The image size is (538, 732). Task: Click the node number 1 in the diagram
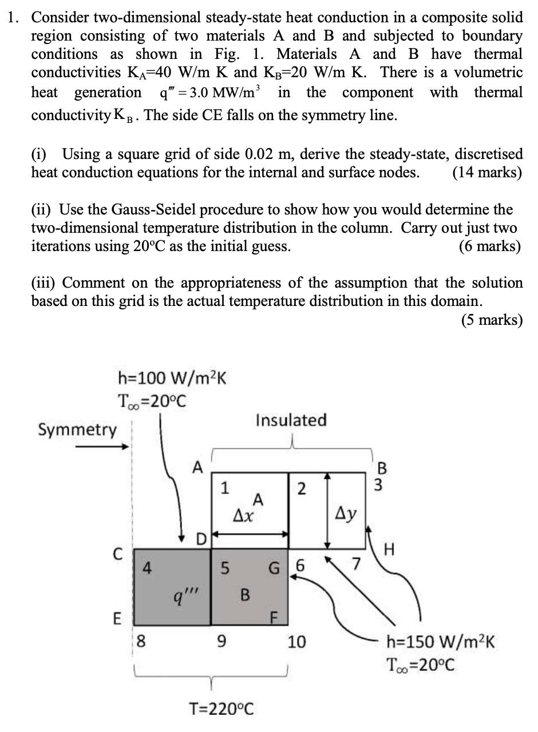point(225,488)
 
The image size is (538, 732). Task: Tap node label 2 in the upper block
point(302,489)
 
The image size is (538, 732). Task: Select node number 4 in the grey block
point(147,568)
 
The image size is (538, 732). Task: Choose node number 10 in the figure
point(297,642)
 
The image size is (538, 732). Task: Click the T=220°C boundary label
point(221,710)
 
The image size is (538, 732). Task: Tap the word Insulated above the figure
point(291,420)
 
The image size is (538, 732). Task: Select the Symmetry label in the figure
point(77,429)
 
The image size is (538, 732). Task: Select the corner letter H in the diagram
point(390,550)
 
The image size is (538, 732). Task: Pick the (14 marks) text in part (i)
point(486,172)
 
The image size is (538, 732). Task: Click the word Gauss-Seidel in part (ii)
point(145,210)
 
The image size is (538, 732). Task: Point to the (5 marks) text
point(492,320)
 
